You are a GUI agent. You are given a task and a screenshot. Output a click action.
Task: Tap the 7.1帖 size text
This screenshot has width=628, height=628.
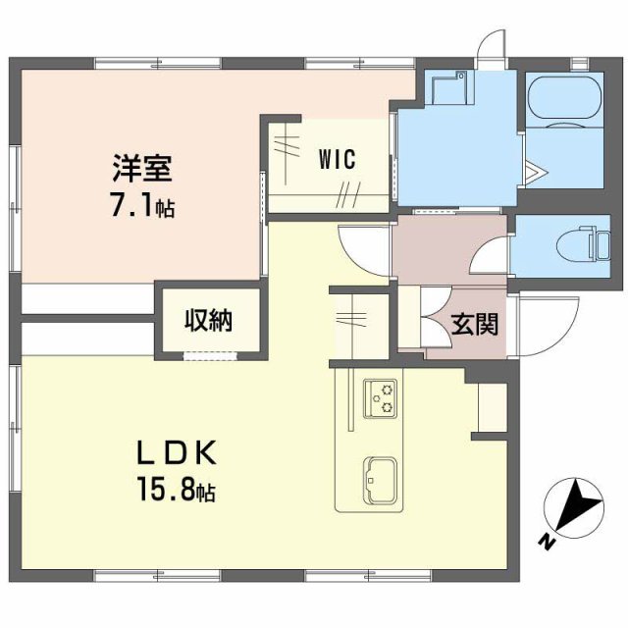coord(141,205)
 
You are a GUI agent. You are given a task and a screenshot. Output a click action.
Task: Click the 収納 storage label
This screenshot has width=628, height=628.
coord(210,320)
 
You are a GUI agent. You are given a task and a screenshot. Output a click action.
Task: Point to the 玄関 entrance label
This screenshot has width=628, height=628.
coord(474,324)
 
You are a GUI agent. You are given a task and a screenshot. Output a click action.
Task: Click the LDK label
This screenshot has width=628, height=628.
coord(176,452)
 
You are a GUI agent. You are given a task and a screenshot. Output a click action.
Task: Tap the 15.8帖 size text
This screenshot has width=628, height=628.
coord(177,488)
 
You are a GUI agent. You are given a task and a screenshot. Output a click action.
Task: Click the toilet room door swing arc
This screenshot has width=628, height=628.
coord(487,258)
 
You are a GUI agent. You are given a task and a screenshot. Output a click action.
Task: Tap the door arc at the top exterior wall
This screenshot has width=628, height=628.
coord(489,48)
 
